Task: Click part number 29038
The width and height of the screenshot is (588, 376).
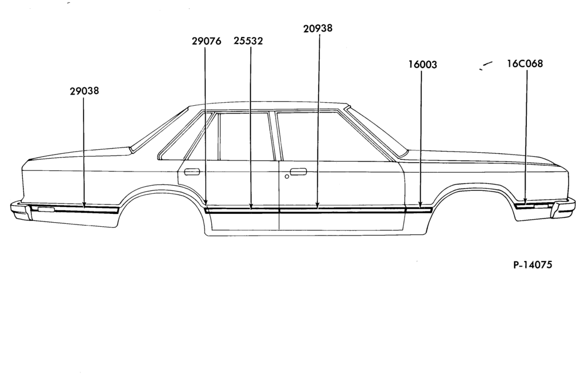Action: click(84, 90)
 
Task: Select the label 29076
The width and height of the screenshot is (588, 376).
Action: click(206, 41)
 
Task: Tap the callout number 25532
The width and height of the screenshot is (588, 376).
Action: click(248, 41)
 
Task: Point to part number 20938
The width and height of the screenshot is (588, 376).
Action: click(318, 28)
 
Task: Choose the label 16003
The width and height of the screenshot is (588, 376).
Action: click(423, 65)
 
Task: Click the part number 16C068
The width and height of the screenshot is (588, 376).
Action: click(524, 63)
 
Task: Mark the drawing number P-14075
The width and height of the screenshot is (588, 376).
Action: click(533, 265)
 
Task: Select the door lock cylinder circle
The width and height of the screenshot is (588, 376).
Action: click(287, 176)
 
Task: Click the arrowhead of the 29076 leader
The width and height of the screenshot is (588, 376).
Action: click(206, 203)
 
